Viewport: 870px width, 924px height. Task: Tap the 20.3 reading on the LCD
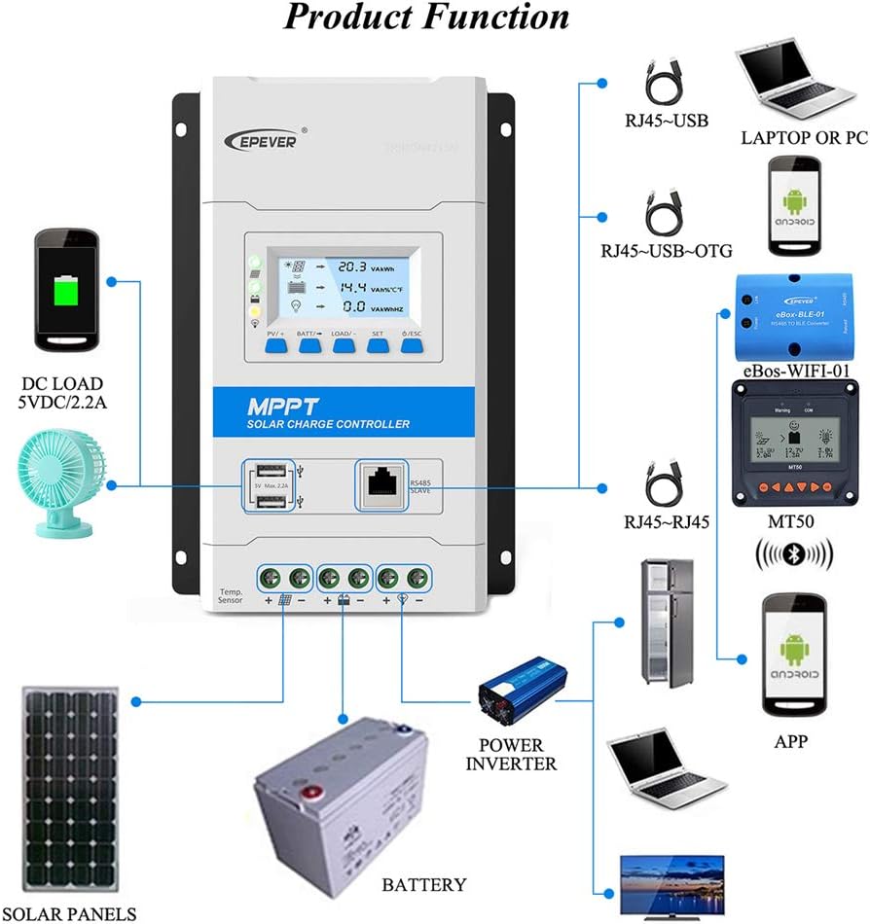coord(351,266)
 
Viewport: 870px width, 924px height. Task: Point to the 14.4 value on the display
coord(351,288)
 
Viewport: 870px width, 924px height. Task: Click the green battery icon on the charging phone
coord(65,290)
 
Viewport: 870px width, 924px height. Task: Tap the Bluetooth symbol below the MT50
coord(794,557)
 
